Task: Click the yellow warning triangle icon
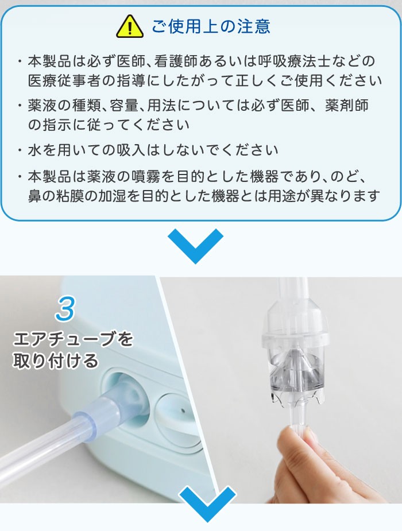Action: (130, 26)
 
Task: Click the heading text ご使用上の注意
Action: (211, 26)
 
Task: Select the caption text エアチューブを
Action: (73, 339)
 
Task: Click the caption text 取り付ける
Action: (56, 361)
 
